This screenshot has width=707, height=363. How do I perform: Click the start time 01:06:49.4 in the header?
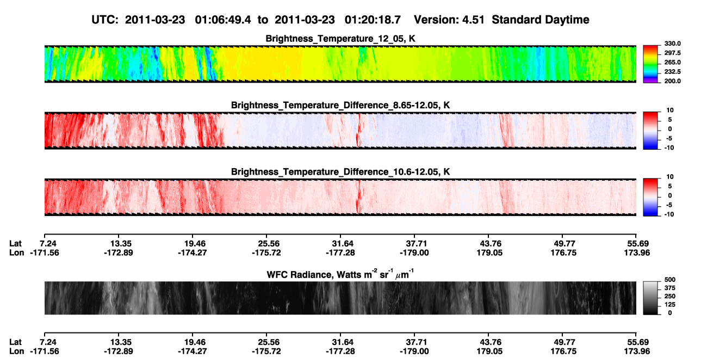(x=223, y=20)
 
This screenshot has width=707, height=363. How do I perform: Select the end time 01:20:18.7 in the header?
(x=373, y=20)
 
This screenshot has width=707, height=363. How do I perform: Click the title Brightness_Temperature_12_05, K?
(x=340, y=39)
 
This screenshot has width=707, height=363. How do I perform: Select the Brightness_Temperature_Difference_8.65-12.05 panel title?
(x=340, y=105)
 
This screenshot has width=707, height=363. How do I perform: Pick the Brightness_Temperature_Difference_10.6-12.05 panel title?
(x=340, y=172)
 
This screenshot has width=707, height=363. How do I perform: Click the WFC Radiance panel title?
(x=340, y=274)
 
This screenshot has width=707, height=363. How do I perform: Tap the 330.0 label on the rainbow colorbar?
(x=672, y=44)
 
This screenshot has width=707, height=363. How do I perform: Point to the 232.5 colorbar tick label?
(x=672, y=72)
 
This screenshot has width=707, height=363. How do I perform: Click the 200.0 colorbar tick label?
(x=672, y=81)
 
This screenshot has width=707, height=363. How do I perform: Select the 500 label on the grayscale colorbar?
(x=670, y=280)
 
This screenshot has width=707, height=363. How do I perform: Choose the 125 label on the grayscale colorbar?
(x=670, y=305)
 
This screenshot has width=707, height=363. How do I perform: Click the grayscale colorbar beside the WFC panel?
(x=650, y=298)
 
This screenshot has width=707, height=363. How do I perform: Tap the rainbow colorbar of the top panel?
(x=650, y=64)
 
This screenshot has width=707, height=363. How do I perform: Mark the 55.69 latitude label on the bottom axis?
(x=637, y=342)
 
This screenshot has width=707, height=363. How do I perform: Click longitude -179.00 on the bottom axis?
(x=414, y=352)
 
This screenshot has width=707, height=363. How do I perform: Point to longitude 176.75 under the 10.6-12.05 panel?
(x=563, y=253)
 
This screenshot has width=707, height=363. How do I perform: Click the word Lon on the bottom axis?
(x=16, y=352)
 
